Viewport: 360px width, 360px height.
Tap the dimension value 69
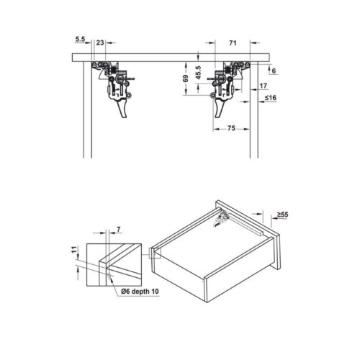[185, 78]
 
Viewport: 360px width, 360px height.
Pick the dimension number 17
[264, 86]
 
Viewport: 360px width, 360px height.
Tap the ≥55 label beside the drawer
[284, 215]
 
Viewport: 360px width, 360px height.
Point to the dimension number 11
[74, 251]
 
